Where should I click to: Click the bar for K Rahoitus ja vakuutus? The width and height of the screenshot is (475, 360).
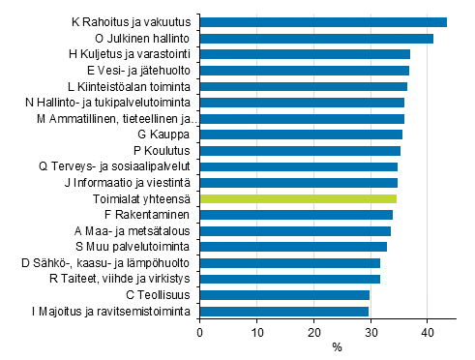coord(323,22)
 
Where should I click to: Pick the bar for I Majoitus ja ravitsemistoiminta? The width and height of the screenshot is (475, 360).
coord(284,311)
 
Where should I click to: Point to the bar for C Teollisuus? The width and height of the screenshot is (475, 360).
coord(284,294)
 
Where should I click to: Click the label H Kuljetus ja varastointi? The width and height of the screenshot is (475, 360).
coord(134,54)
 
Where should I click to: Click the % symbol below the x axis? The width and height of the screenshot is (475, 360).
coord(337,347)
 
